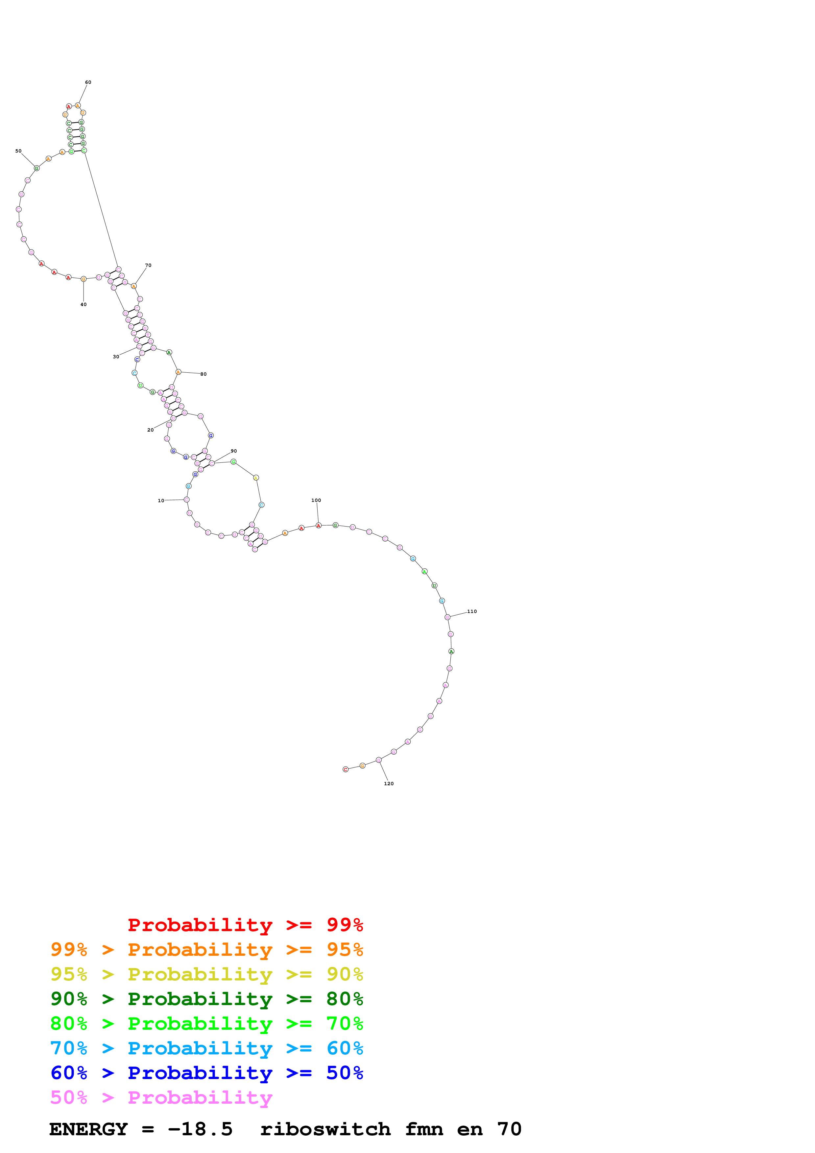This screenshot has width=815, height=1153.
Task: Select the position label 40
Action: coord(84,304)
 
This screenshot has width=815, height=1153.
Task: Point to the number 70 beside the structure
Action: coord(148,265)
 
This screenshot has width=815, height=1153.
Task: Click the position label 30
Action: coord(116,357)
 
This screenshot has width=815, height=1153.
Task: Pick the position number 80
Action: coord(204,374)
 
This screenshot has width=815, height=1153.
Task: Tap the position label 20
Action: coord(150,430)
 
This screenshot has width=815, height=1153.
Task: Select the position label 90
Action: coord(233,451)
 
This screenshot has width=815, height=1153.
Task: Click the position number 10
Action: coord(161,501)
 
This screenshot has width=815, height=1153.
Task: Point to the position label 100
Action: coord(316,500)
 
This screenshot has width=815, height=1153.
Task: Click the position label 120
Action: coord(389,783)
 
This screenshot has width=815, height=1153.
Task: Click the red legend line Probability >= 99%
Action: coord(245,925)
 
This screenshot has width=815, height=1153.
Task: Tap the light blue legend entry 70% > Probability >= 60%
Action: coord(206,1048)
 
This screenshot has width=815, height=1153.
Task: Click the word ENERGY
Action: coord(88,1129)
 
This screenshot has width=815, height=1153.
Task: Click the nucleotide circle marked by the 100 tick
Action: coord(318,525)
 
